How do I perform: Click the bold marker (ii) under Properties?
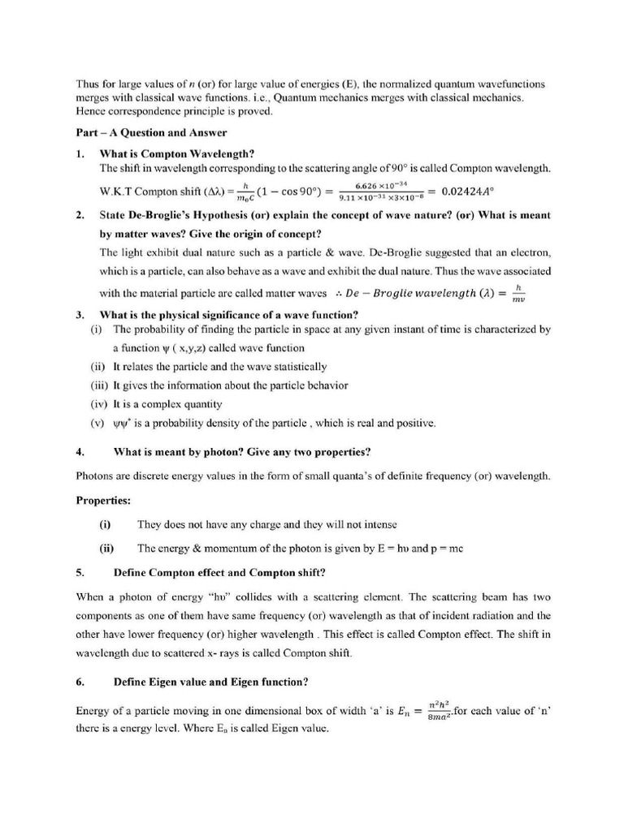(106, 548)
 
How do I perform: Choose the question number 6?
(80, 681)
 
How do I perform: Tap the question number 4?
(80, 451)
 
